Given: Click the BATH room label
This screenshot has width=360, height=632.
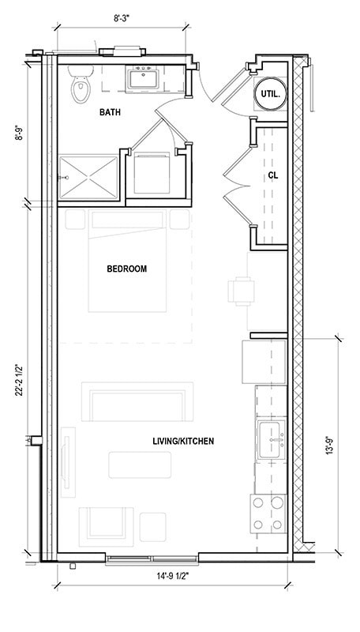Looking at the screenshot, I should pos(110,113).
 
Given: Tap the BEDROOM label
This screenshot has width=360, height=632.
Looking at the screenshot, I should pos(126,269).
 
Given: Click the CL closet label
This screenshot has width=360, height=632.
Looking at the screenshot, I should pos(272,175).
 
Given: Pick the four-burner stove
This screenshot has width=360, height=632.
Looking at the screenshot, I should pos(268,512).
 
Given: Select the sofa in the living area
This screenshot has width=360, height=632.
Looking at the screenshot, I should pos(137,402).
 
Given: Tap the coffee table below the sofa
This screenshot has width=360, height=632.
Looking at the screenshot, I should pos(140,465).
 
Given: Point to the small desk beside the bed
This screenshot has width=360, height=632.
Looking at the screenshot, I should pos(242,291).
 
